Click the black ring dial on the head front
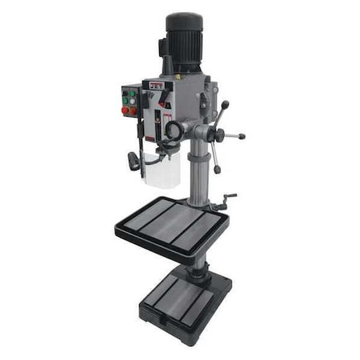(173, 129)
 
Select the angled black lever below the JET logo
(163, 100)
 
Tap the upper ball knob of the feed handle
(225, 104)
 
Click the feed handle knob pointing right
(241, 137)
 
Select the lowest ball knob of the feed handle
(218, 170)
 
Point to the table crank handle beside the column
(229, 197)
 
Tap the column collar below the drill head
(195, 152)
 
